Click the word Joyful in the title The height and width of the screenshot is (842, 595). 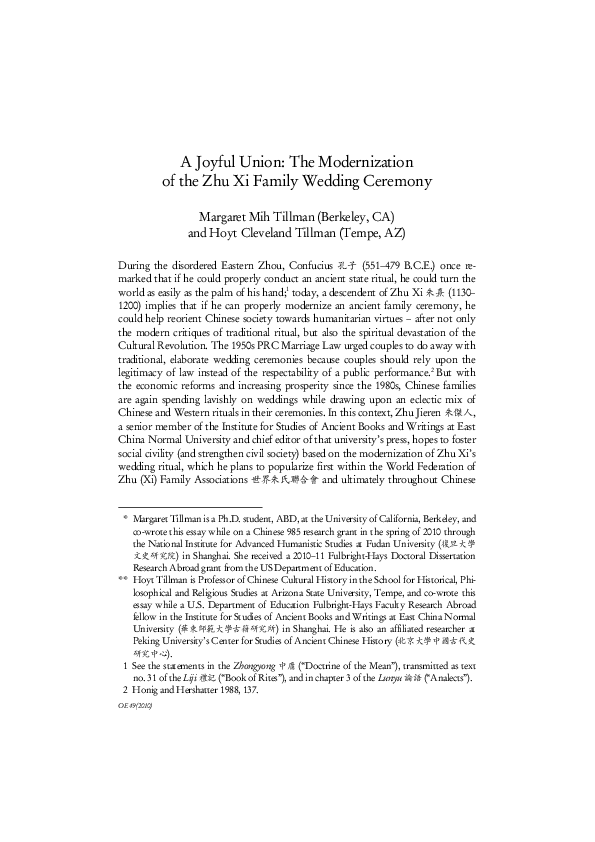coord(213,161)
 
